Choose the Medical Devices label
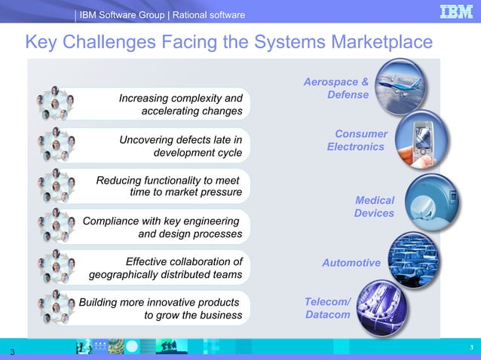click(x=374, y=206)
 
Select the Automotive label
click(x=351, y=263)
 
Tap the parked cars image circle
click(x=415, y=258)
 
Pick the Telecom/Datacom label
click(x=328, y=308)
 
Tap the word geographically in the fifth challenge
click(x=127, y=275)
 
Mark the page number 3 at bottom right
click(x=470, y=346)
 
